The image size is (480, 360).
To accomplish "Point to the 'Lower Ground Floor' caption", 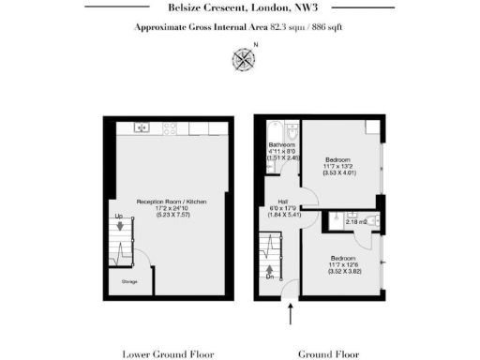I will click(x=169, y=354).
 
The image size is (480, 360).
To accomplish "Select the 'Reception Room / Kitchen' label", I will click(x=171, y=202).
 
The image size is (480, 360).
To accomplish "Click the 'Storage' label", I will click(x=119, y=279).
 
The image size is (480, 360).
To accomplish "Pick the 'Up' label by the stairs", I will click(x=119, y=217).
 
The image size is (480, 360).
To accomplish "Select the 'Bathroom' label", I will click(x=282, y=145).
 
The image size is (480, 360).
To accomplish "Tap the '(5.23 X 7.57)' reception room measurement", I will click(x=171, y=216).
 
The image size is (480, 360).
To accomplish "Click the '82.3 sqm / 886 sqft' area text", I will click(x=299, y=29).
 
